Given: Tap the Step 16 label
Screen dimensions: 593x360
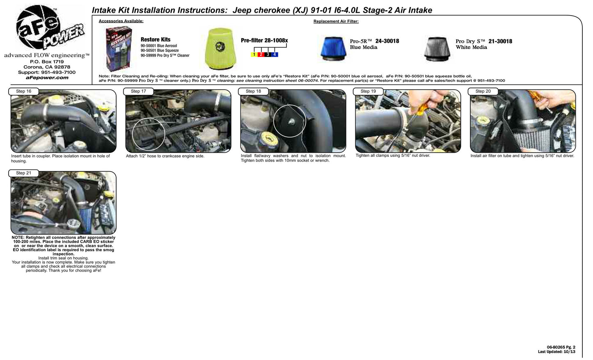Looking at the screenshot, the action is (x=23, y=91).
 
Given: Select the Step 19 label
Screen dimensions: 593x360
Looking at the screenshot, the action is (x=368, y=91).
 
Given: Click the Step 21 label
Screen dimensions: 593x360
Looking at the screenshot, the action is (x=23, y=173).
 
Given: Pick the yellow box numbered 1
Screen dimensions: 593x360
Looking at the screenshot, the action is (x=254, y=55).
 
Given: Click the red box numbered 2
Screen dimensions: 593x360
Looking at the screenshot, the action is (x=261, y=55).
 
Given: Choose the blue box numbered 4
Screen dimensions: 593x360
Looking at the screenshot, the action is (x=275, y=55).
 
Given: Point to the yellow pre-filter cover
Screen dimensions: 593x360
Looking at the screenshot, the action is (x=220, y=48).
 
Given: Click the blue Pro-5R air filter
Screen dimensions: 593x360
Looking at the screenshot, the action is (x=333, y=49).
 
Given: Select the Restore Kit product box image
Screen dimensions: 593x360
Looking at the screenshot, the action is (x=119, y=48).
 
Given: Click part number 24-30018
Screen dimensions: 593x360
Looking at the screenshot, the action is (x=387, y=41).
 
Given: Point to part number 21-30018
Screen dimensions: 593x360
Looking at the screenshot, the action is (x=500, y=41).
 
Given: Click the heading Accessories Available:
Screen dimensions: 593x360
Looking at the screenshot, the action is (x=121, y=21).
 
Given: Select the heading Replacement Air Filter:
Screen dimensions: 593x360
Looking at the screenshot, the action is (x=336, y=21).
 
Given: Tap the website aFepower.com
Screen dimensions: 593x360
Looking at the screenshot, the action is (x=47, y=78).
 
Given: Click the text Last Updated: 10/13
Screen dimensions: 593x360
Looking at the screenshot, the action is (x=556, y=352).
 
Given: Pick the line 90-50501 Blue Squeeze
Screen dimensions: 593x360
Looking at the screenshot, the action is (x=160, y=50).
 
